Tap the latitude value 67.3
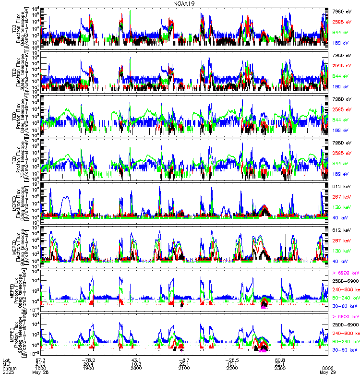40,359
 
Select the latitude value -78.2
88,359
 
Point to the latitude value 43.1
136,359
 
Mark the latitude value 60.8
280,359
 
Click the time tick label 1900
88,368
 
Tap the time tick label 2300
280,368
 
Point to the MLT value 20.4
88,363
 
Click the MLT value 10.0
136,363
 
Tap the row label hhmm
8,368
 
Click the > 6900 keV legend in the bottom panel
345,316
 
